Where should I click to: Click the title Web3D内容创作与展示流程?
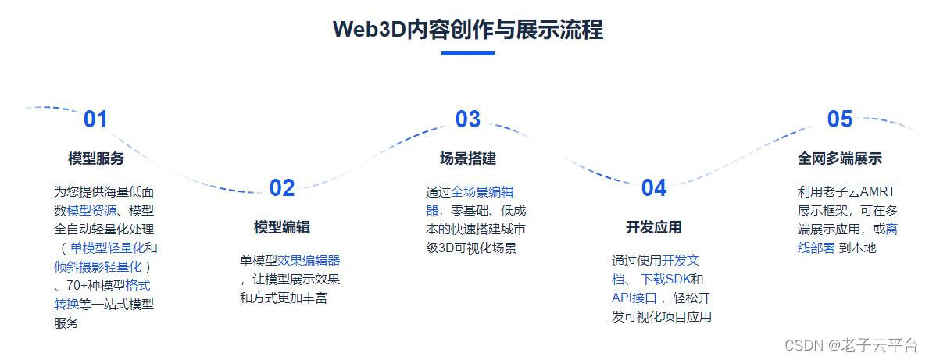tap(467, 29)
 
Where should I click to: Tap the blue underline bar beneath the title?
tap(467, 53)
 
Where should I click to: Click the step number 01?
tap(95, 119)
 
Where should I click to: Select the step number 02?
tap(281, 188)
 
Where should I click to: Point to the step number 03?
tap(467, 119)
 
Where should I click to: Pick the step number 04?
tap(653, 188)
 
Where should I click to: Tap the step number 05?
tap(839, 119)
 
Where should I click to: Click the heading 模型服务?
tap(95, 159)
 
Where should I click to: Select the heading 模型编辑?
tap(281, 227)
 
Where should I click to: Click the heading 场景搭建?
tap(467, 159)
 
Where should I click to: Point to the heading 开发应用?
tap(653, 227)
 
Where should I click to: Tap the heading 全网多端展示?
tap(839, 159)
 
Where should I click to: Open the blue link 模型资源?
tap(91, 211)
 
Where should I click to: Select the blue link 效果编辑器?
tap(309, 261)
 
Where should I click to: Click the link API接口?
tap(634, 298)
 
